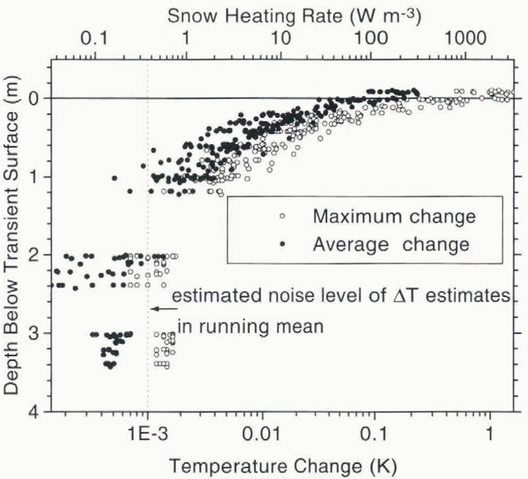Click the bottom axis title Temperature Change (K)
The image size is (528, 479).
click(283, 466)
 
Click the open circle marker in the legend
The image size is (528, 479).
click(282, 216)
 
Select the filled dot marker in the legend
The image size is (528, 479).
click(282, 245)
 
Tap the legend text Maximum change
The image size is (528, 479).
click(394, 216)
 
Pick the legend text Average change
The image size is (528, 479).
click(391, 244)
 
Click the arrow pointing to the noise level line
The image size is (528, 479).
click(164, 309)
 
